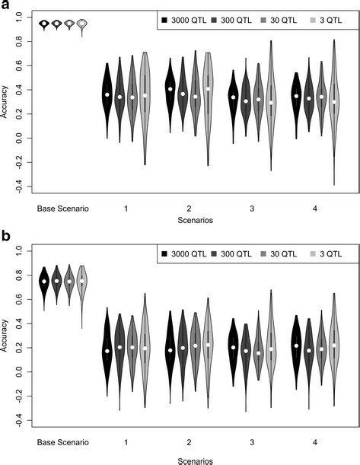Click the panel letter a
[x=7, y=6]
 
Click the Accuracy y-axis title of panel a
[x=6, y=102]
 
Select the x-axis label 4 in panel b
[x=314, y=441]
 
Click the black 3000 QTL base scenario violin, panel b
[x=44, y=281]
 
